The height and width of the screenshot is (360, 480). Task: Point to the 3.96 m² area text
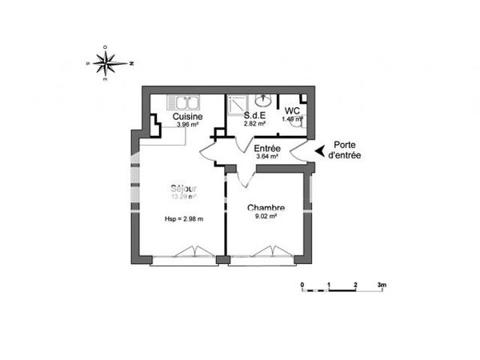[x=187, y=125]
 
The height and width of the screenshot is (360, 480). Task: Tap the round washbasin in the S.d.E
[x=264, y=99]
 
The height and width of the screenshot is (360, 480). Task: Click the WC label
[x=291, y=110]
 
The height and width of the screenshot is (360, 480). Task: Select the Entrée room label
[x=266, y=148]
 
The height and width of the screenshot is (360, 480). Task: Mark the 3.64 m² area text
[x=266, y=157]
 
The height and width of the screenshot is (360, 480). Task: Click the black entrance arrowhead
[x=321, y=150]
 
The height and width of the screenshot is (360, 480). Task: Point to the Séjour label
[x=183, y=188]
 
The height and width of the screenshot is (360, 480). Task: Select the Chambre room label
[x=266, y=208]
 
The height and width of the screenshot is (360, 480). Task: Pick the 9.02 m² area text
[x=266, y=216]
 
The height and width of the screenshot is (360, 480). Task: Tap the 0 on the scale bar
[x=302, y=285]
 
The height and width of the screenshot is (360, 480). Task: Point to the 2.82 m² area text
[x=255, y=124]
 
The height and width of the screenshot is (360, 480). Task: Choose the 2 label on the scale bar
[x=355, y=285]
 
